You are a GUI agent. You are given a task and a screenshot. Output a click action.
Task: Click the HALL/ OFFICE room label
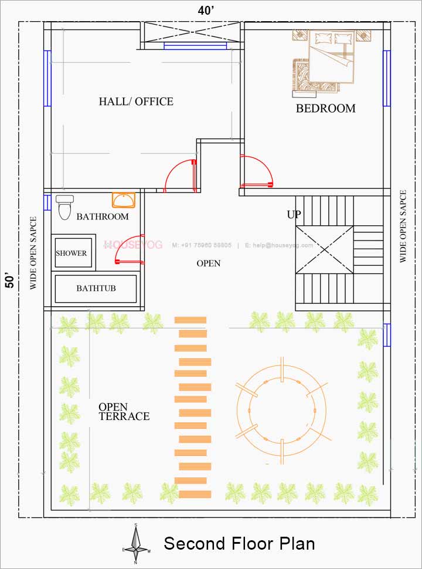[136, 101]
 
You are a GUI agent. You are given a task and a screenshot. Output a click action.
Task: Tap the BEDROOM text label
[325, 109]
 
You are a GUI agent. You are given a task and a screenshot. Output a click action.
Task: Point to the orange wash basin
[124, 200]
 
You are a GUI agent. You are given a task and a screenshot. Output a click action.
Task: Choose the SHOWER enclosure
[72, 253]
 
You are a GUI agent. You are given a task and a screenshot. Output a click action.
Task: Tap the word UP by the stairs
[294, 215]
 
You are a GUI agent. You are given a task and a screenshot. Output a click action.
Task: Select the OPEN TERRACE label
[123, 412]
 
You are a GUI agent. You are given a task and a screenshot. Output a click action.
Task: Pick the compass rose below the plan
[136, 544]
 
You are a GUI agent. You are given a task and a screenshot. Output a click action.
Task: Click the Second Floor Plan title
[239, 543]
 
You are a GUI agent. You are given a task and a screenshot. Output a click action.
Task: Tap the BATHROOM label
[102, 216]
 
